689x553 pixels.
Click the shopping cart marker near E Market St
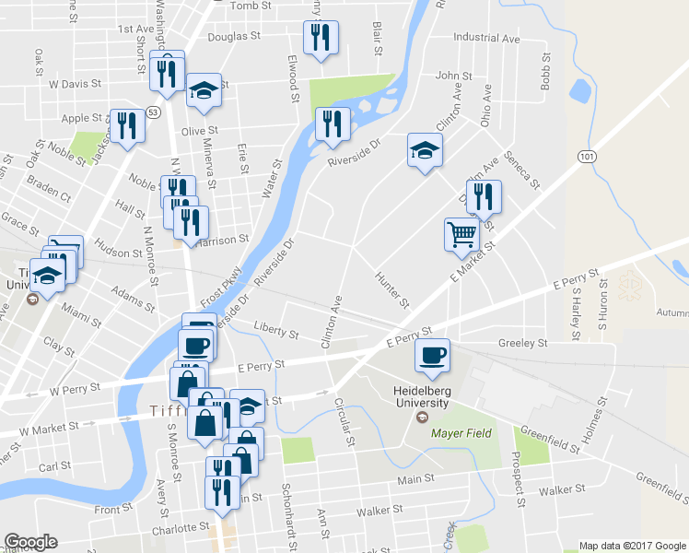point(461,233)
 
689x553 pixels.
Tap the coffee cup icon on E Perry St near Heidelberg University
point(432,355)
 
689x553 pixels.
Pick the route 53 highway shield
point(153,112)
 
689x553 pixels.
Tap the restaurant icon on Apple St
point(127,124)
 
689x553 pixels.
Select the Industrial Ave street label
point(486,40)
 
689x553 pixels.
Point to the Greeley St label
point(522,343)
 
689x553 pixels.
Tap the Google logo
point(29,542)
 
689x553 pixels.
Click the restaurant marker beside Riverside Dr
point(332,124)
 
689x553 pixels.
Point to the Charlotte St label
point(181,528)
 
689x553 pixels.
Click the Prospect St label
point(520,486)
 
